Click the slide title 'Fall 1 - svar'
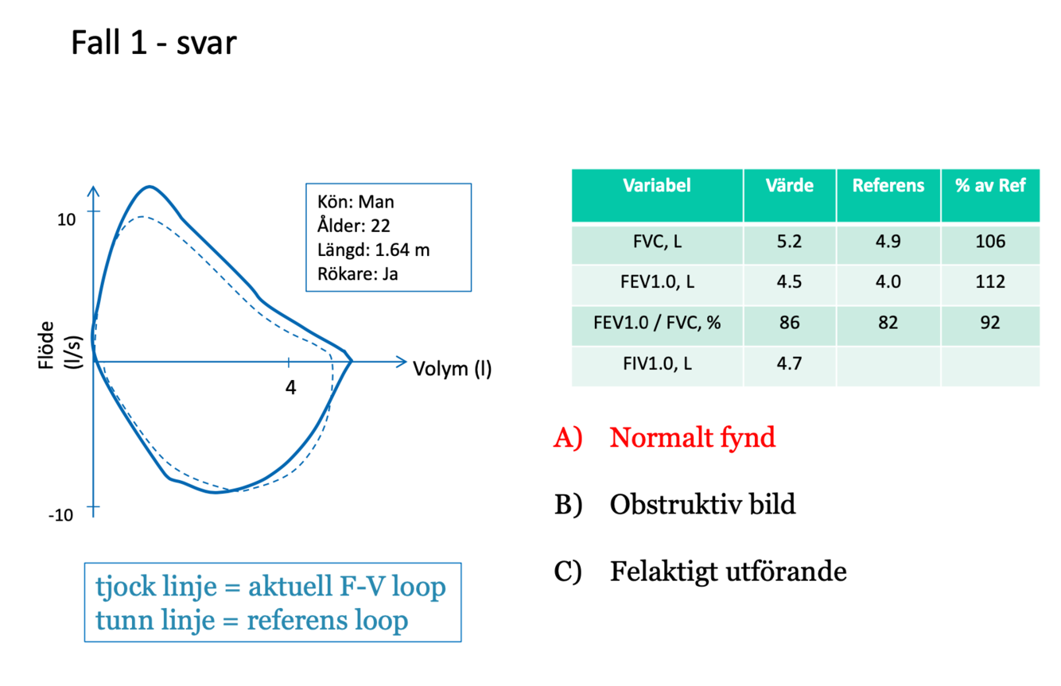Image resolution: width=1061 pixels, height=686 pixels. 154,42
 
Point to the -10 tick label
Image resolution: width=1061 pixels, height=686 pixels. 60,515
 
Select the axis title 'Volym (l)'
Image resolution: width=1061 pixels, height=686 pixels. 452,369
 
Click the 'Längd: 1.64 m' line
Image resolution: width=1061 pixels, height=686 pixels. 373,250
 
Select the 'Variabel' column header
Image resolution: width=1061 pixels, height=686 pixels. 657,186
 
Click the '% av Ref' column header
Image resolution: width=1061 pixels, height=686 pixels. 990,186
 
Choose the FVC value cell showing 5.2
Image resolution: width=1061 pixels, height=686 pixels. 789,242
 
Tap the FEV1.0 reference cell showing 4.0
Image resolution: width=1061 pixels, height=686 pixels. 888,282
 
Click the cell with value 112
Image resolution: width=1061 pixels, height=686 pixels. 990,282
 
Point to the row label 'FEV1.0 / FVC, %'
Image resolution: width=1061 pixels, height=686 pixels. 657,323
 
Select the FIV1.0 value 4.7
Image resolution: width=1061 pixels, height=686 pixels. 789,364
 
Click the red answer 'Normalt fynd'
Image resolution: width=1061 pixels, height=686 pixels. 692,437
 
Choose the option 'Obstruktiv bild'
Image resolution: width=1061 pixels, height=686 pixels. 702,504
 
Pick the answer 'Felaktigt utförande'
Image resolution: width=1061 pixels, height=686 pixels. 728,571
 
